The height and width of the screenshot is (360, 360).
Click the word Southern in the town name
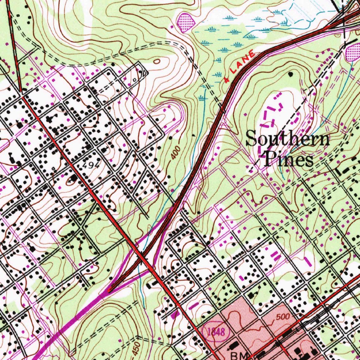tap(288, 139)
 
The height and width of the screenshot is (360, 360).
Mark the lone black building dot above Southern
tap(290, 75)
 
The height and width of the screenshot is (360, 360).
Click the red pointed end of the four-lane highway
tap(109, 291)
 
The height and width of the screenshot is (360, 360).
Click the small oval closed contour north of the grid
tap(157, 62)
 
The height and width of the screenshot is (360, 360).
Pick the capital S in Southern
tap(251, 139)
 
